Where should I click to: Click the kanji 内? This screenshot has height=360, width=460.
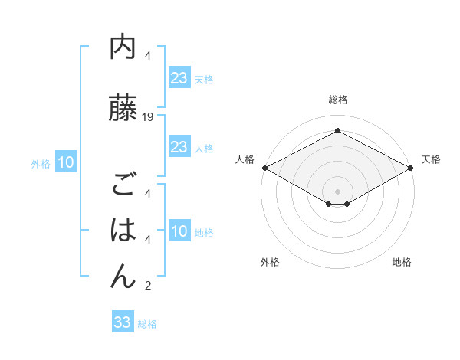click(x=123, y=48)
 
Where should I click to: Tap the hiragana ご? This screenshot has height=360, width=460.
click(x=123, y=185)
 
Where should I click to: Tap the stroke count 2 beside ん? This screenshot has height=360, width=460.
click(x=148, y=286)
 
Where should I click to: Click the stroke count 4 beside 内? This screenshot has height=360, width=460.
click(x=148, y=56)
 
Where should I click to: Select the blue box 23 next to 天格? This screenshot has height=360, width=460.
click(x=179, y=79)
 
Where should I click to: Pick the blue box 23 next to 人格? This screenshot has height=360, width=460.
click(x=179, y=147)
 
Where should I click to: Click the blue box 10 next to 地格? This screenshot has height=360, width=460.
click(x=179, y=232)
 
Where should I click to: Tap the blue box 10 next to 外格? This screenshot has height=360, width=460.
click(x=65, y=162)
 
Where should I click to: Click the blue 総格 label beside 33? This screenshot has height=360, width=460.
click(x=147, y=324)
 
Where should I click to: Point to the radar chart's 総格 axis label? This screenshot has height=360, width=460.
click(x=337, y=100)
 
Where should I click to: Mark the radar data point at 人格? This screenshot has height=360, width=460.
click(x=264, y=168)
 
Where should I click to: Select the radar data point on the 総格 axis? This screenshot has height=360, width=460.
click(x=337, y=131)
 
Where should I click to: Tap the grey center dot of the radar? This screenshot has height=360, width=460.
click(x=337, y=191)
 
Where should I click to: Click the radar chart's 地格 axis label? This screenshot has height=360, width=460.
click(x=402, y=263)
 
